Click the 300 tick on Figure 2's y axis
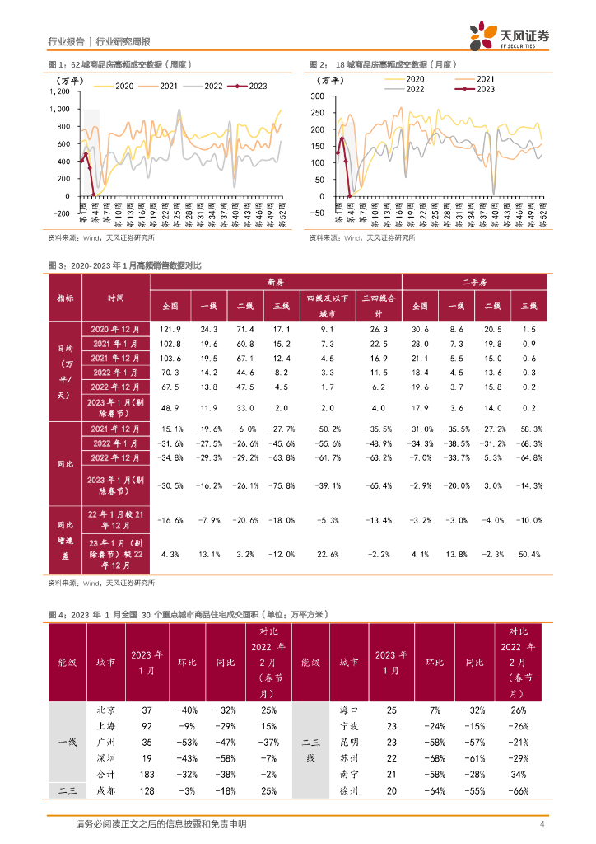tap(318, 96)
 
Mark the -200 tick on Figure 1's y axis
tap(59, 213)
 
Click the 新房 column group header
tap(276, 282)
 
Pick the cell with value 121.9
tap(170, 328)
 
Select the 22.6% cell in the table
tap(327, 555)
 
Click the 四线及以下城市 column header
tap(327, 305)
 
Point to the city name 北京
tap(105, 710)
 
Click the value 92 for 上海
tap(147, 726)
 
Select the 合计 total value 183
tap(147, 775)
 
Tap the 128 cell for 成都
tap(147, 791)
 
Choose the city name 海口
tap(349, 710)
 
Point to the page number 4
tap(542, 824)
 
